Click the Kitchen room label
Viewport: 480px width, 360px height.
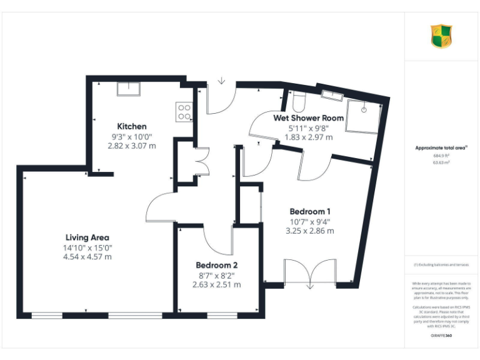point(131,126)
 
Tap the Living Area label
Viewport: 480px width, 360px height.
point(87,237)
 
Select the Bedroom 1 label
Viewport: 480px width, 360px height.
point(310,211)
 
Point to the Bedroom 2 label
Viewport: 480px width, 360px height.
point(216,265)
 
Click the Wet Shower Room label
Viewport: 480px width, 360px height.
point(308,117)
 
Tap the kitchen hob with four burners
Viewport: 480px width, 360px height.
point(184,111)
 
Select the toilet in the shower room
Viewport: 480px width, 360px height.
point(298,99)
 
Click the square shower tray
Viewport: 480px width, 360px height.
point(362,115)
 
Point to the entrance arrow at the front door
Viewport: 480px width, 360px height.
point(221,81)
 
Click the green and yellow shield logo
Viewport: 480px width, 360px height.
point(441,36)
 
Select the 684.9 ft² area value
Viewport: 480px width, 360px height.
point(441,156)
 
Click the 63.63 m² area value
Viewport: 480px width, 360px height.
point(441,162)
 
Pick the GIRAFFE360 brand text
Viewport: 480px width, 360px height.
point(441,336)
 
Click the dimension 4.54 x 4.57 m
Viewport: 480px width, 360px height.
point(87,256)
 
